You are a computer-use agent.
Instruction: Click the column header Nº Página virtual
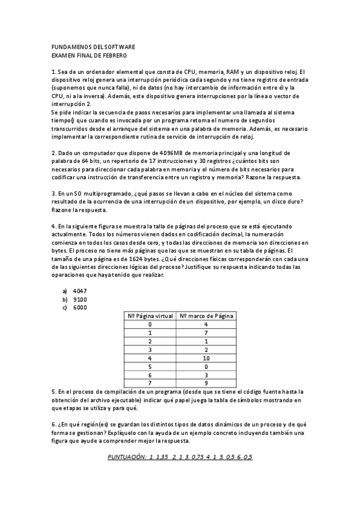coord(150,316)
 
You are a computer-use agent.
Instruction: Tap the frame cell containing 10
coord(206,358)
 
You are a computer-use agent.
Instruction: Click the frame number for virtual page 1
coord(206,333)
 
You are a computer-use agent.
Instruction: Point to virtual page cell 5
coord(150,366)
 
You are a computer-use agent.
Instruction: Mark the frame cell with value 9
coord(206,383)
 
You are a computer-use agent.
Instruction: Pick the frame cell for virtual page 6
coord(206,375)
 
